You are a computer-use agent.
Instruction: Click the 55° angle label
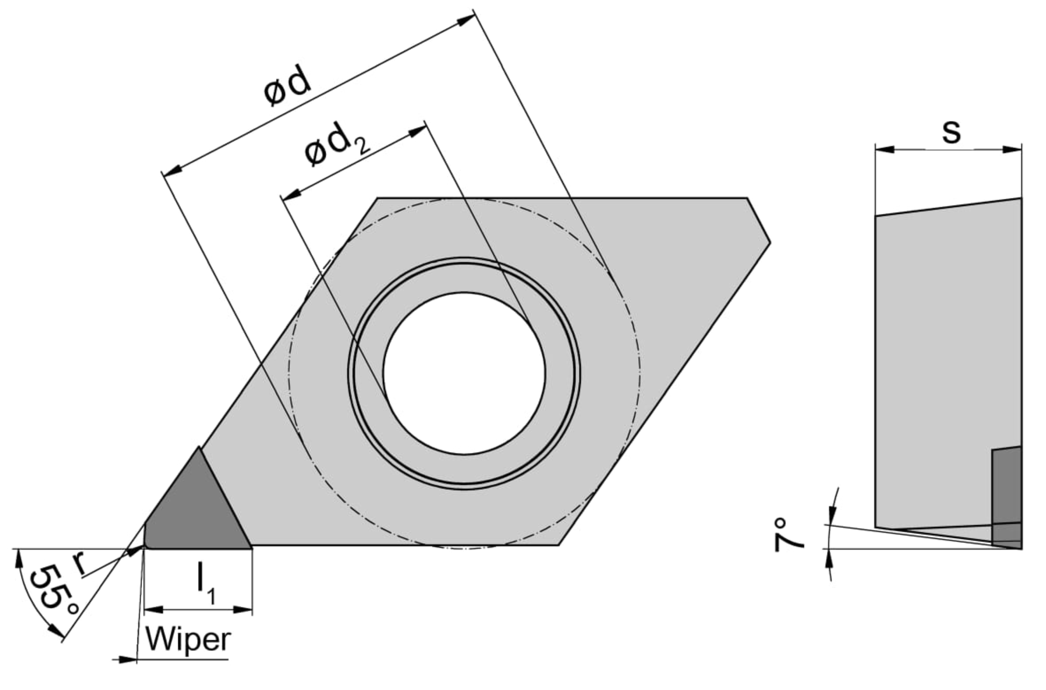pyautogui.click(x=54, y=590)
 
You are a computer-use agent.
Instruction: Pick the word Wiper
pyautogui.click(x=188, y=640)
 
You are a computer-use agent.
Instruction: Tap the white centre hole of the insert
pyautogui.click(x=464, y=373)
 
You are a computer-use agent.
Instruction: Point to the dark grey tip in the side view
pyautogui.click(x=1007, y=498)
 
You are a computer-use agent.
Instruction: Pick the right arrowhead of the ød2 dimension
pyautogui.click(x=417, y=131)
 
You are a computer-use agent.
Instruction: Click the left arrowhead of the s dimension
pyautogui.click(x=885, y=150)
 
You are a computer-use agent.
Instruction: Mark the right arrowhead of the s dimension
pyautogui.click(x=1012, y=150)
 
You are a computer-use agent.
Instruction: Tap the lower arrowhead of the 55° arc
pyautogui.click(x=56, y=632)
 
